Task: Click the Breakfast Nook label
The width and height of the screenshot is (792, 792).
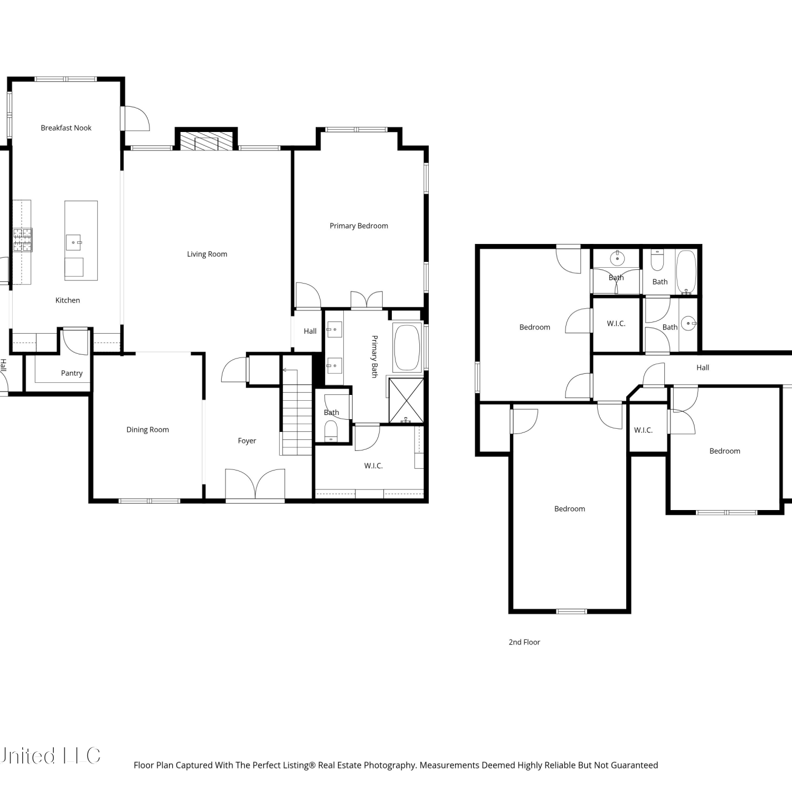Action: point(66,128)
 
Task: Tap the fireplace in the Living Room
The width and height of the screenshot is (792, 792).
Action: point(206,139)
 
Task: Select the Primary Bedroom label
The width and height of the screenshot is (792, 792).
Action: point(359,226)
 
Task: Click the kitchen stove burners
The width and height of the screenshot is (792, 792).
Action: point(23,240)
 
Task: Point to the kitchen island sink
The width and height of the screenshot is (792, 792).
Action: point(73,242)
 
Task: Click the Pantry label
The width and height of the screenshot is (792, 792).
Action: point(72,373)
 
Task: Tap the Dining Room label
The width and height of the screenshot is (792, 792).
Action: point(147,430)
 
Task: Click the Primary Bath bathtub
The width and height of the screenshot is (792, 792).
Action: point(407,347)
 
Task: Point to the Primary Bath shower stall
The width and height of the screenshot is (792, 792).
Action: point(406,400)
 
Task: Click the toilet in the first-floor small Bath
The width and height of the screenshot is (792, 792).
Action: point(331,431)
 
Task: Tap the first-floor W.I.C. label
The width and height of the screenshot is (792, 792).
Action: point(373,466)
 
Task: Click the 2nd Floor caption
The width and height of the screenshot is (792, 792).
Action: point(524,642)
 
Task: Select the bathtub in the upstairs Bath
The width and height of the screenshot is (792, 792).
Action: point(686,271)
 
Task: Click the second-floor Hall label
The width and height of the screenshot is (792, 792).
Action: point(703,367)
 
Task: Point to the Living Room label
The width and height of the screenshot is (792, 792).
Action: point(207,254)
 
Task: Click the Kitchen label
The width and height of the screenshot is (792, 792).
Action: point(68,300)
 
